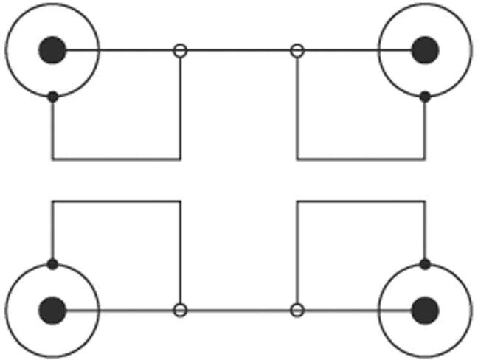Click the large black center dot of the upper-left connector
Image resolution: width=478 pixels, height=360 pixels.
pyautogui.click(x=52, y=50)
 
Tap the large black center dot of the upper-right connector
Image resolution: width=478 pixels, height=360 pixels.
pyautogui.click(x=425, y=50)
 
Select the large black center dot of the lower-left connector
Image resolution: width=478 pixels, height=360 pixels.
pyautogui.click(x=52, y=310)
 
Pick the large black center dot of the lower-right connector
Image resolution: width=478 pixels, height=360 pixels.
pyautogui.click(x=423, y=310)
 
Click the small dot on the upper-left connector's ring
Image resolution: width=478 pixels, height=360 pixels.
pyautogui.click(x=52, y=96)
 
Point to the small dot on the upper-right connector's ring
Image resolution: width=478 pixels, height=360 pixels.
pyautogui.click(x=425, y=96)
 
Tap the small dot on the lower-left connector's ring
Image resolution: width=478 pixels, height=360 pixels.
pyautogui.click(x=52, y=263)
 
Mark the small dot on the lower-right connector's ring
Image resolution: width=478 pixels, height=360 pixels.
pyautogui.click(x=425, y=263)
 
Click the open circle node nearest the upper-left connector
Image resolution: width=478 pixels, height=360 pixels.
pyautogui.click(x=179, y=50)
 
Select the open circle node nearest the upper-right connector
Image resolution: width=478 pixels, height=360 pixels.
pyautogui.click(x=297, y=50)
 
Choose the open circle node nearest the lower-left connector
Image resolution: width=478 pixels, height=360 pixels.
pyautogui.click(x=179, y=310)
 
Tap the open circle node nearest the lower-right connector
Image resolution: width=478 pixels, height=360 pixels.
pyautogui.click(x=297, y=310)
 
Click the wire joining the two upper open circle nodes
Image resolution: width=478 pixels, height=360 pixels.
pyautogui.click(x=238, y=50)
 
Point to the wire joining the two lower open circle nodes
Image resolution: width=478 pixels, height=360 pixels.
pyautogui.click(x=238, y=310)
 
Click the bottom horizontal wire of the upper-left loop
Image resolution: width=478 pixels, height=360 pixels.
pyautogui.click(x=116, y=159)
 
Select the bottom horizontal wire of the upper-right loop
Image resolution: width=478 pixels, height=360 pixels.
pyautogui.click(x=361, y=159)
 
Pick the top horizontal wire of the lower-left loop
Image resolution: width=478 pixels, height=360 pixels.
pyautogui.click(x=116, y=201)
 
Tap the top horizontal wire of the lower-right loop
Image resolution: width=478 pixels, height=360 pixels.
pyautogui.click(x=361, y=201)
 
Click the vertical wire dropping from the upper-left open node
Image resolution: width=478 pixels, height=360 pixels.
pyautogui.click(x=180, y=107)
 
